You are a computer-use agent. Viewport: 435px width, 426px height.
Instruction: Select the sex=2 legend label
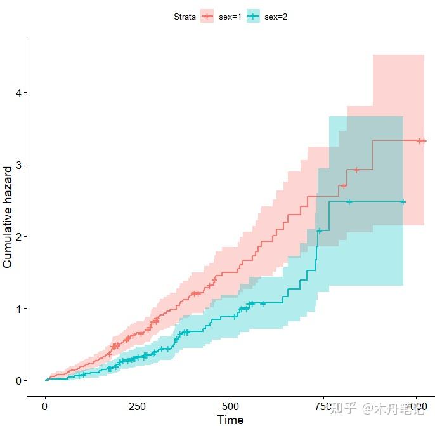(x=276, y=17)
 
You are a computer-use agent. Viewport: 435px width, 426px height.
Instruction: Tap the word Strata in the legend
(x=185, y=17)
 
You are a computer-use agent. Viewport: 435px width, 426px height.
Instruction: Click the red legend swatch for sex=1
(x=207, y=17)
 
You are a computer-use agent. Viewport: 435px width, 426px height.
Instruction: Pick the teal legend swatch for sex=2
(x=254, y=17)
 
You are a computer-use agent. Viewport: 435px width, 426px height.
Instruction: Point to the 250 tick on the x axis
(x=138, y=406)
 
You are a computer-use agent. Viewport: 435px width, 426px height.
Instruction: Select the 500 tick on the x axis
(x=231, y=406)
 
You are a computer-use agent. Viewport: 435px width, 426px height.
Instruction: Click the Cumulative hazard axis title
(x=8, y=217)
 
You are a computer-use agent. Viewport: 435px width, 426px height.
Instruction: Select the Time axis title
(x=230, y=419)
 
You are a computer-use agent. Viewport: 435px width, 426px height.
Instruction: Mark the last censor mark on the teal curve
(x=403, y=201)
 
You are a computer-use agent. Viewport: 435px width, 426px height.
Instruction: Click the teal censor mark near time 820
(x=349, y=202)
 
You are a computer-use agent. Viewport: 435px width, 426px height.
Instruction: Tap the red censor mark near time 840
(x=356, y=170)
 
